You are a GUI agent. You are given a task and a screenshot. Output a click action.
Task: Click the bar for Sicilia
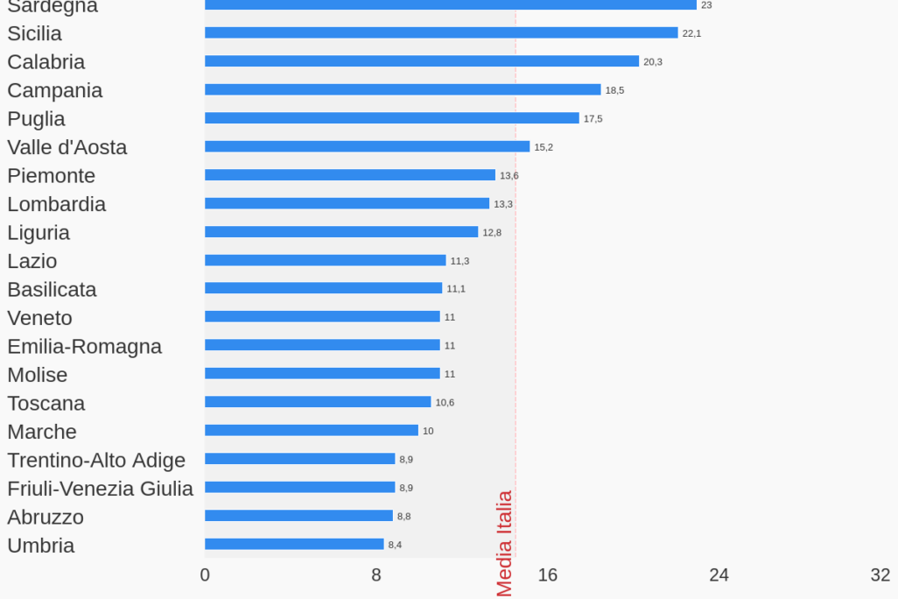[441, 32]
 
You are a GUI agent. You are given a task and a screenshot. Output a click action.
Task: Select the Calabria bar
[422, 61]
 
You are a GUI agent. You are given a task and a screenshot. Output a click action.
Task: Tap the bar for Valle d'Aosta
[367, 146]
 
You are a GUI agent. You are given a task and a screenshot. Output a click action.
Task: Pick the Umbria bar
[294, 544]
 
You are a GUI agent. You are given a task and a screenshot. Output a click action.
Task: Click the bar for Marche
[312, 430]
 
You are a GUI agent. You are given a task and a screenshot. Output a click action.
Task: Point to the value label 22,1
[691, 33]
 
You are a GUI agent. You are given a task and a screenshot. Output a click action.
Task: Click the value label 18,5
[614, 90]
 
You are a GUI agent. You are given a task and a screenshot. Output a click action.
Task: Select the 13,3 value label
[503, 204]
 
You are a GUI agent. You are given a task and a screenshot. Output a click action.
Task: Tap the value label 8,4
[395, 545]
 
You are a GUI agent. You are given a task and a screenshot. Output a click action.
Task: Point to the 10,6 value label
[445, 403]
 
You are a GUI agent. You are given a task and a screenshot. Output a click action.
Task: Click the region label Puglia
[36, 119]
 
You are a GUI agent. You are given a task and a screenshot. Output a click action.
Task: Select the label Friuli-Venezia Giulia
[100, 489]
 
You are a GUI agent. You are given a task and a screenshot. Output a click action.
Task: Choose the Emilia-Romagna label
[84, 346]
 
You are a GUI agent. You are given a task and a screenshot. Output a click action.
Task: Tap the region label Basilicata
[52, 289]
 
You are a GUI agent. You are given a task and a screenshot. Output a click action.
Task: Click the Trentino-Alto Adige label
[96, 460]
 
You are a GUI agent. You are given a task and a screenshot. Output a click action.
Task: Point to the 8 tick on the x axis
[376, 575]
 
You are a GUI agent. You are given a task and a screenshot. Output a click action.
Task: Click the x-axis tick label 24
[719, 575]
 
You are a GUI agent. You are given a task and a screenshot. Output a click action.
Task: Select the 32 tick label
[880, 575]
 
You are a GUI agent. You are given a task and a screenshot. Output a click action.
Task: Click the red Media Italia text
[505, 543]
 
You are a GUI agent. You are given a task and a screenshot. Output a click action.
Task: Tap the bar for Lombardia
[347, 203]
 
